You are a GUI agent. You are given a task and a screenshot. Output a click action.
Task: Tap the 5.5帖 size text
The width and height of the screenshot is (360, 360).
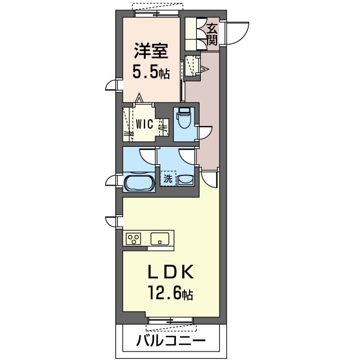(150, 73)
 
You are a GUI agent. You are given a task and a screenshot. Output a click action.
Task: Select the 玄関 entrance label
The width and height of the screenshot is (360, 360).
(212, 33)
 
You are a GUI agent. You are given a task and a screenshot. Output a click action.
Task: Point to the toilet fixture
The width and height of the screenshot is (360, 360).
(183, 119)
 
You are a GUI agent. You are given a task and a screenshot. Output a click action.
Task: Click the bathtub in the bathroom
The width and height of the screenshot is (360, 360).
(138, 183)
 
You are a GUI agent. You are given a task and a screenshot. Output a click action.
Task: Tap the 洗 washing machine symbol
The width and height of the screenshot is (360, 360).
(168, 179)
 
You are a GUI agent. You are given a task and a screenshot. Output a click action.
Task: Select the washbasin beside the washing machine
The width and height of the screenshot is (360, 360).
(186, 180)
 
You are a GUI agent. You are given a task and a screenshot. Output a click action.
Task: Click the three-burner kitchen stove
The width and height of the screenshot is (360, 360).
(134, 238)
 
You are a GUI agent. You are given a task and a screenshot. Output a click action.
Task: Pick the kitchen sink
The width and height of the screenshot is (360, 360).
(161, 238)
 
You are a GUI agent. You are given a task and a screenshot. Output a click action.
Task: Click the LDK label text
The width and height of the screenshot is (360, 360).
(171, 273)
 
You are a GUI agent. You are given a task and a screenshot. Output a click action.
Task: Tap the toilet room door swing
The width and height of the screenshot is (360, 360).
(204, 133)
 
